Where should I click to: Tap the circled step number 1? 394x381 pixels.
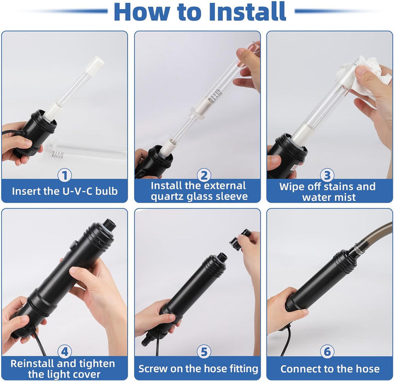(65, 175)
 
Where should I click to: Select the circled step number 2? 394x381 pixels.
(204, 175)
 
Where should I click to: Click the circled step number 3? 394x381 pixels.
(327, 175)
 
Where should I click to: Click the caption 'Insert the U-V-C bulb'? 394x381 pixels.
(64, 191)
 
